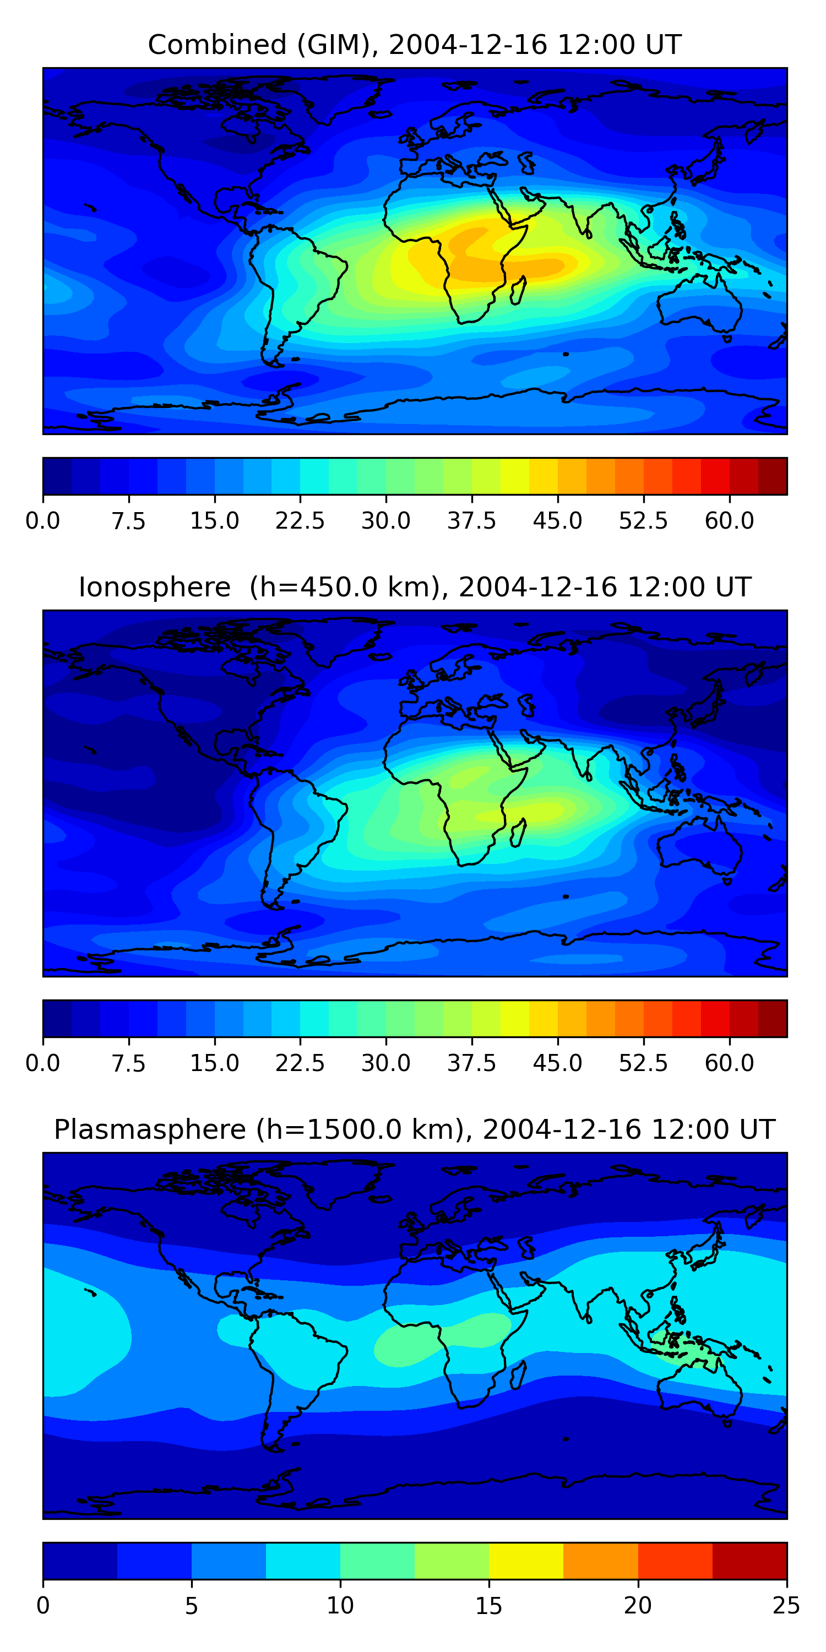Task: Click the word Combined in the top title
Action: [x=218, y=45]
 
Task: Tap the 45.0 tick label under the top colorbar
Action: [x=557, y=521]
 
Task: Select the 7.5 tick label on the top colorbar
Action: [x=129, y=521]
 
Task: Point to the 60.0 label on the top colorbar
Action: [x=729, y=521]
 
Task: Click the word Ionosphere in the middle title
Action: [x=155, y=588]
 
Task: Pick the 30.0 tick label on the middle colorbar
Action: [x=386, y=1063]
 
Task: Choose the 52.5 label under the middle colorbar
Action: [x=643, y=1063]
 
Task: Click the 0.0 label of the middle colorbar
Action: [x=43, y=1063]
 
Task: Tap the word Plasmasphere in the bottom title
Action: [x=149, y=1130]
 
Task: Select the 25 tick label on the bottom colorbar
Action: [x=786, y=1606]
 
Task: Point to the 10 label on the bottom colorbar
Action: [x=340, y=1606]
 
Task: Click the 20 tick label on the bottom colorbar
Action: [x=638, y=1606]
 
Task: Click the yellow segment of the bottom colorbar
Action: [x=526, y=1561]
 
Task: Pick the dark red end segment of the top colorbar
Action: [x=772, y=476]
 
